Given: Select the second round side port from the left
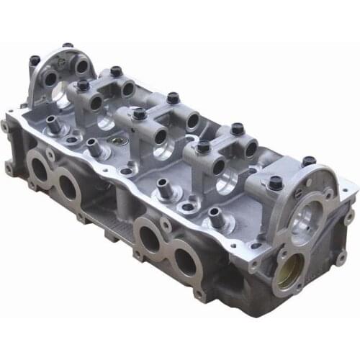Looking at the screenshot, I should [x=69, y=186].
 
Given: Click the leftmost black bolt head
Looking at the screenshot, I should [x=35, y=60].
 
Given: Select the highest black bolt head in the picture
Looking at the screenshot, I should [x=67, y=46].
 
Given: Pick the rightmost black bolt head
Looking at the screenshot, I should [x=309, y=161].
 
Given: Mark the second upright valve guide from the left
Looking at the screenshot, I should [x=93, y=146].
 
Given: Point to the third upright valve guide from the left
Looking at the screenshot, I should [x=162, y=186].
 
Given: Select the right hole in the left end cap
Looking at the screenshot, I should [x=81, y=66].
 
